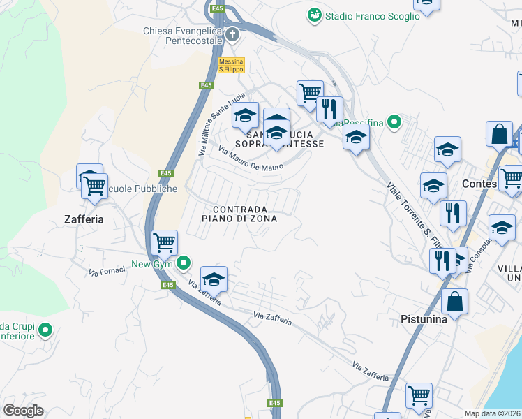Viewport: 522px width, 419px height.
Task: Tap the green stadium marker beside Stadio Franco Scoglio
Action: (x=314, y=15)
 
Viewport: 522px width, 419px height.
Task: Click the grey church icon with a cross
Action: (x=232, y=34)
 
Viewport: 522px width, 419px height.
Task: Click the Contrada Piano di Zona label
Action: (x=239, y=214)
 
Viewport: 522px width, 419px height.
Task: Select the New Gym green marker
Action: (x=184, y=263)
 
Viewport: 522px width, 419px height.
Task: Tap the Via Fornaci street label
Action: (x=106, y=268)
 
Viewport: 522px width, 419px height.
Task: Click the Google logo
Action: (x=24, y=411)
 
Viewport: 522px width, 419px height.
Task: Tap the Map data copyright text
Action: (x=493, y=413)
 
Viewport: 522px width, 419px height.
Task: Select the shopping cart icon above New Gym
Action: (x=164, y=243)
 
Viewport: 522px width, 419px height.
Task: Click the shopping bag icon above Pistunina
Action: (x=454, y=302)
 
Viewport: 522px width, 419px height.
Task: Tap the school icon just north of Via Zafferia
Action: (x=214, y=279)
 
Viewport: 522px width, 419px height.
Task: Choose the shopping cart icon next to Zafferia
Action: (x=94, y=186)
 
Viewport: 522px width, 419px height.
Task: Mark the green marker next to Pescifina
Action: (x=394, y=123)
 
